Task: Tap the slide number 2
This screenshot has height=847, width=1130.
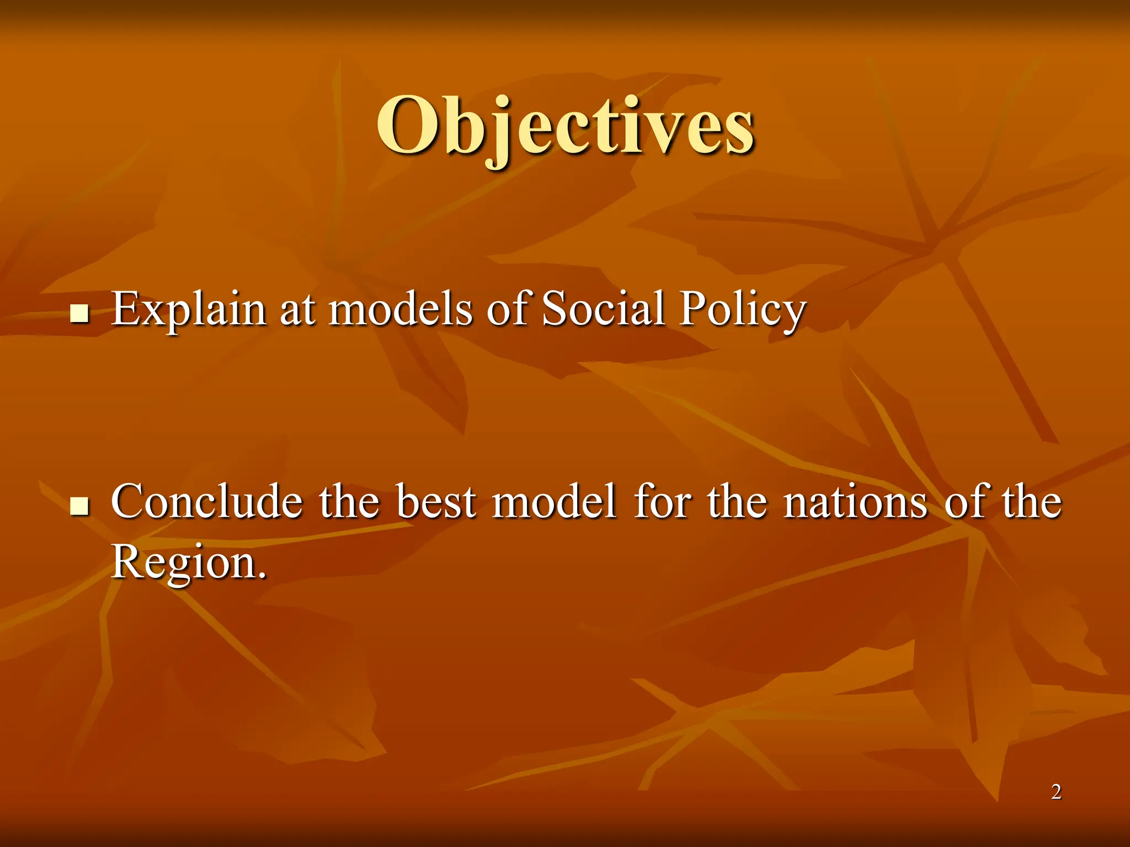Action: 1056,792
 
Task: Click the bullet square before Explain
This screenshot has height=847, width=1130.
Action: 80,314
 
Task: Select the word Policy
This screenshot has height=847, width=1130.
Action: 743,310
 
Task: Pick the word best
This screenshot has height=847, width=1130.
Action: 436,502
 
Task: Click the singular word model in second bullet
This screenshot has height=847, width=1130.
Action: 554,502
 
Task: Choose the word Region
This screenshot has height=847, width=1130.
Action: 182,562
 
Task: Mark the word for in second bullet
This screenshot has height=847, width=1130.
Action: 662,502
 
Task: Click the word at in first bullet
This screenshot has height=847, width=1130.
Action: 298,310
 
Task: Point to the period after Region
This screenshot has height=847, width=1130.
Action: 262,575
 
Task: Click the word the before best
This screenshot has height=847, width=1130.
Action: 349,502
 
